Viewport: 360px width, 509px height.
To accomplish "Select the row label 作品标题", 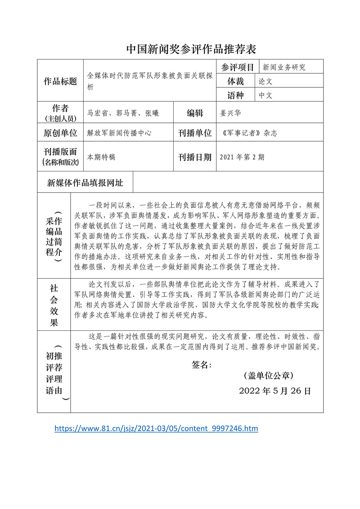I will [60, 81].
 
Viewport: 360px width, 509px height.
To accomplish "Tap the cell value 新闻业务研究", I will [284, 67].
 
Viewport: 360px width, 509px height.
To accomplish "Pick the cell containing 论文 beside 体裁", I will [266, 81].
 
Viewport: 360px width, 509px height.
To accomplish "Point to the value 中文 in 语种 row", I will [266, 95].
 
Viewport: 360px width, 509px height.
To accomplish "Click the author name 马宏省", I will [97, 113].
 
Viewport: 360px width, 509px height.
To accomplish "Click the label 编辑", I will [195, 113].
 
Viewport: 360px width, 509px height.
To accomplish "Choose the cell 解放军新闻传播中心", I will [119, 133].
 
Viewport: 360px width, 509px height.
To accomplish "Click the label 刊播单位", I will [195, 133].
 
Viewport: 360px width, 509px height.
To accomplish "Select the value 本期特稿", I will [101, 157].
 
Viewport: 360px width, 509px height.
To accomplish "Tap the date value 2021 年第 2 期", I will [242, 157].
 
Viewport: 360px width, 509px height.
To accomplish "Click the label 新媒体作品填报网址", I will [85, 183].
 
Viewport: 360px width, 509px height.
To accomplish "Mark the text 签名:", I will [202, 365].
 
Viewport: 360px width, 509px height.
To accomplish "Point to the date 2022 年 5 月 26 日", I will [274, 391].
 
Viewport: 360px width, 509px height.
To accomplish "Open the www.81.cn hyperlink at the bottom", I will [156, 428].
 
